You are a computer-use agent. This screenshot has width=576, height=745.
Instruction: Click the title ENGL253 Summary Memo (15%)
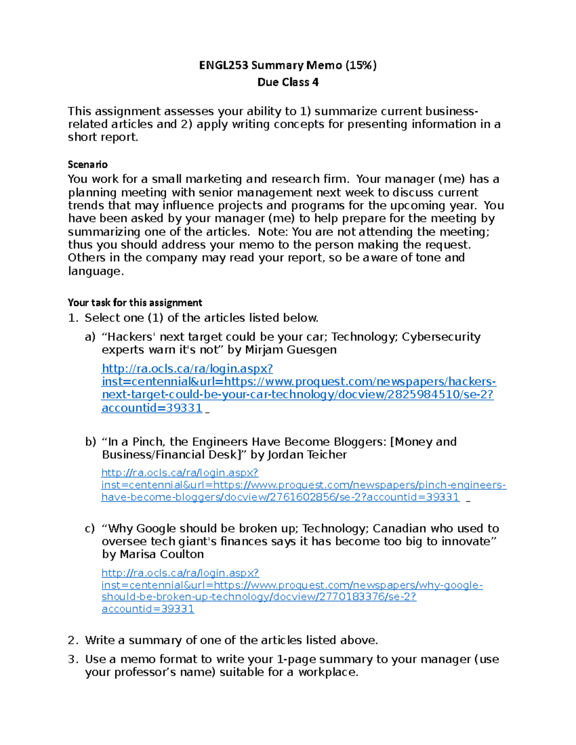(x=288, y=65)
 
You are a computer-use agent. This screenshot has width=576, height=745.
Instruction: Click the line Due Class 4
(x=288, y=83)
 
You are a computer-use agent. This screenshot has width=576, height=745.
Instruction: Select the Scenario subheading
(x=87, y=165)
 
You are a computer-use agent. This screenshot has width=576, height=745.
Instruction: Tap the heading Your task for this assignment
(x=134, y=303)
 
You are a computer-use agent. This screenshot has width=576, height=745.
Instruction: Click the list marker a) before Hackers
(x=90, y=337)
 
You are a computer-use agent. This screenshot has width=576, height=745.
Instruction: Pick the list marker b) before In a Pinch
(x=90, y=442)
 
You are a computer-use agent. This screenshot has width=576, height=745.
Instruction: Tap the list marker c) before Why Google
(x=90, y=529)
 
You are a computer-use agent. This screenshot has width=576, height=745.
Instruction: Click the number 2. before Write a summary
(x=73, y=640)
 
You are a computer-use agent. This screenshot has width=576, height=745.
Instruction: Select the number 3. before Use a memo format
(x=73, y=660)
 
